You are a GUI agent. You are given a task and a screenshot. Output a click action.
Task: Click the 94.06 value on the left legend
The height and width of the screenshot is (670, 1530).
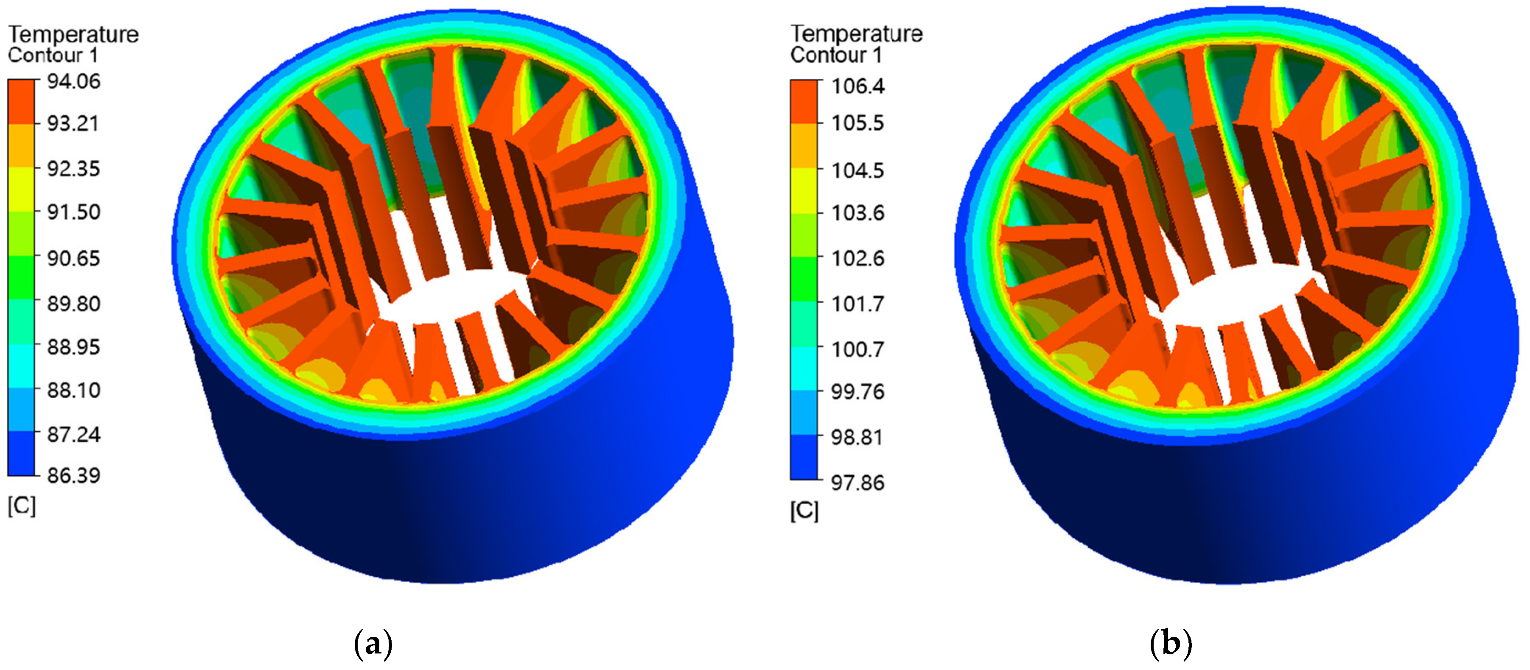[x=74, y=81]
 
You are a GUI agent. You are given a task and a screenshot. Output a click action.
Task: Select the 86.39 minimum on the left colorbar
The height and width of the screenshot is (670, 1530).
[x=74, y=475]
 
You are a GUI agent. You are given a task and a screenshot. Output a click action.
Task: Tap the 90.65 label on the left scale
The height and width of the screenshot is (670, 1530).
[x=74, y=258]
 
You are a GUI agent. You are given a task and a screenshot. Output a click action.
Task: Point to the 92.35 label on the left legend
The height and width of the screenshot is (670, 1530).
[x=74, y=168]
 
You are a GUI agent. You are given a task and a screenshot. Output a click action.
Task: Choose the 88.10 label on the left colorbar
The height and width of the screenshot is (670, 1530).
[x=74, y=390]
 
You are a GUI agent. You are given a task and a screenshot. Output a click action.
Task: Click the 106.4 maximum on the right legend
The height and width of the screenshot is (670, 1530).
[x=857, y=86]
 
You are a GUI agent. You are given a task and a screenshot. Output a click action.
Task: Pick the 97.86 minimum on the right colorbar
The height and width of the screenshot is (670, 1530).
[x=857, y=483]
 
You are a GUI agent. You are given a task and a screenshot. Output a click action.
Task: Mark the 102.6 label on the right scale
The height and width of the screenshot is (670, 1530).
[x=857, y=258]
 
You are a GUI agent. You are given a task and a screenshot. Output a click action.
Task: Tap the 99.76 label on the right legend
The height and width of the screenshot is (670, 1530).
[x=857, y=392]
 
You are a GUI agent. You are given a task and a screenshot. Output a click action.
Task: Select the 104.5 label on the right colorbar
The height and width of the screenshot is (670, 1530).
[x=857, y=170]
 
